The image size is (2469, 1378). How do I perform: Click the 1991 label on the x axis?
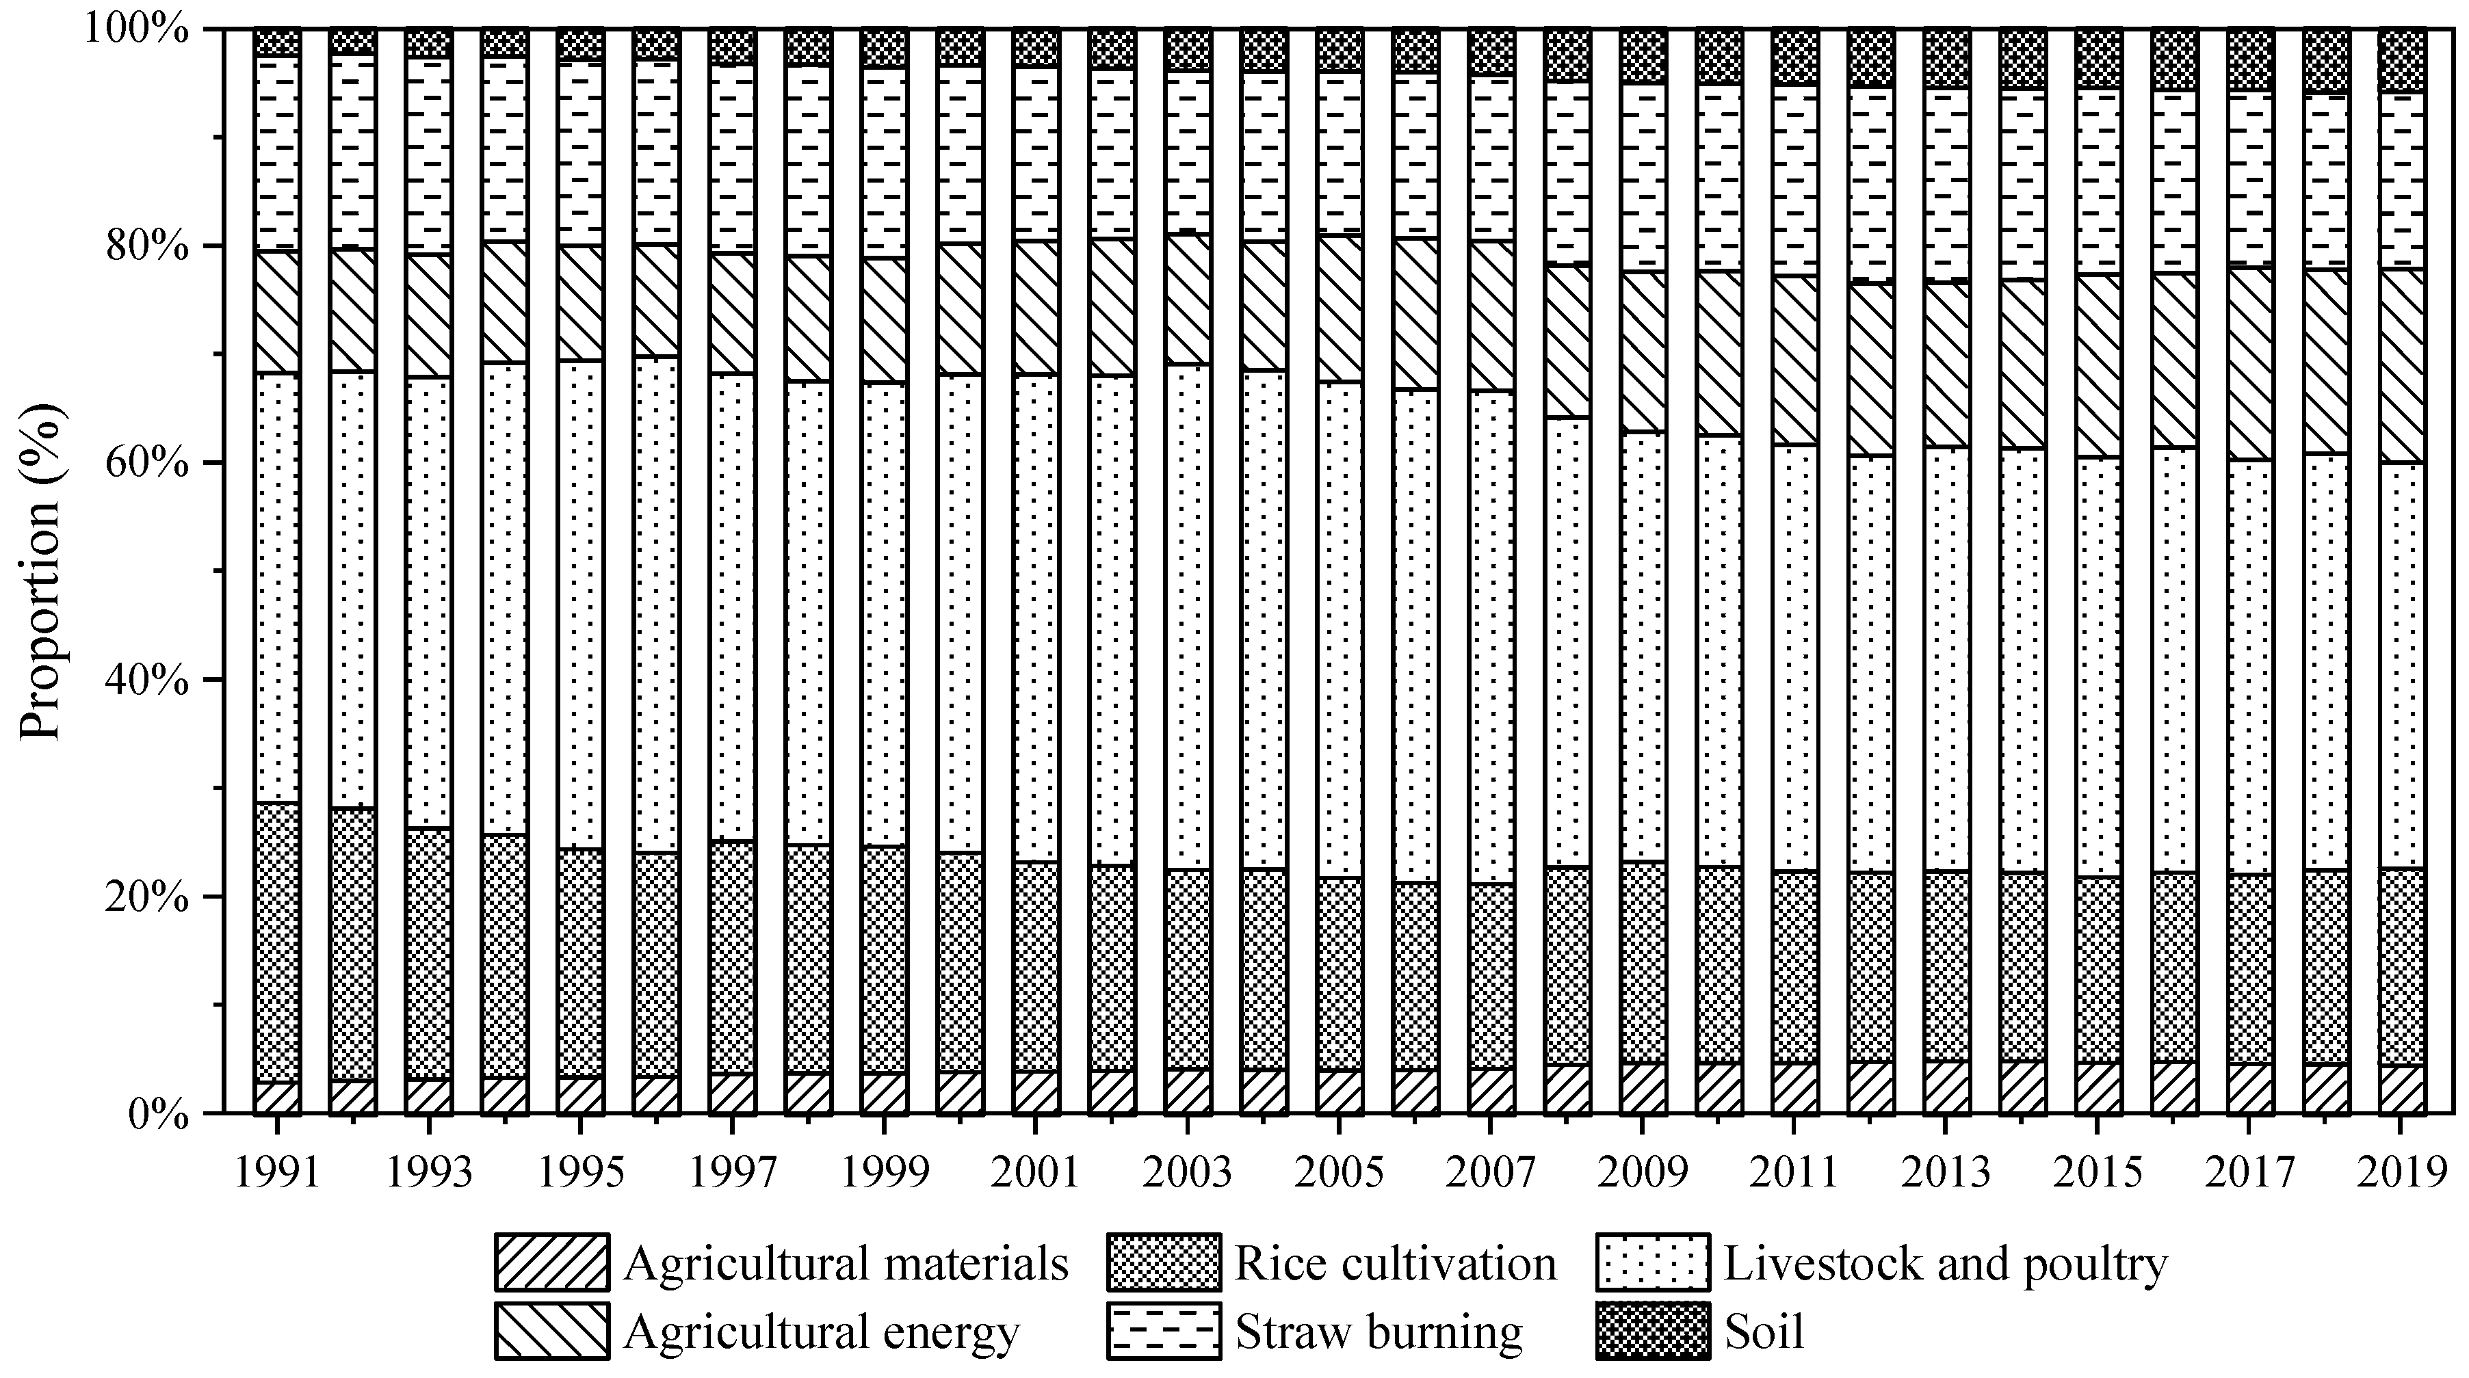pos(277,1173)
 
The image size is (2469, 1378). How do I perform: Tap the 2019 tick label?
pos(2402,1173)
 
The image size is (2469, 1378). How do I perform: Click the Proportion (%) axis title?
pos(40,572)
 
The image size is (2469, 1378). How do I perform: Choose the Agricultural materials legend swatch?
pos(552,1263)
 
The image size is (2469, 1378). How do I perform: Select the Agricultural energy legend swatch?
pos(552,1331)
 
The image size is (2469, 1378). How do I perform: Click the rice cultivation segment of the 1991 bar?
pos(277,944)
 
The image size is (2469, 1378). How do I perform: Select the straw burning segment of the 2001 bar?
pos(1036,153)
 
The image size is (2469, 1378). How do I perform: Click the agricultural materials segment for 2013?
pos(1946,1087)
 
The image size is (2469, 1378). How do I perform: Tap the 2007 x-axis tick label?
pos(1491,1173)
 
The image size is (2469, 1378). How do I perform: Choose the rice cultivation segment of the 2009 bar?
pos(1643,963)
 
